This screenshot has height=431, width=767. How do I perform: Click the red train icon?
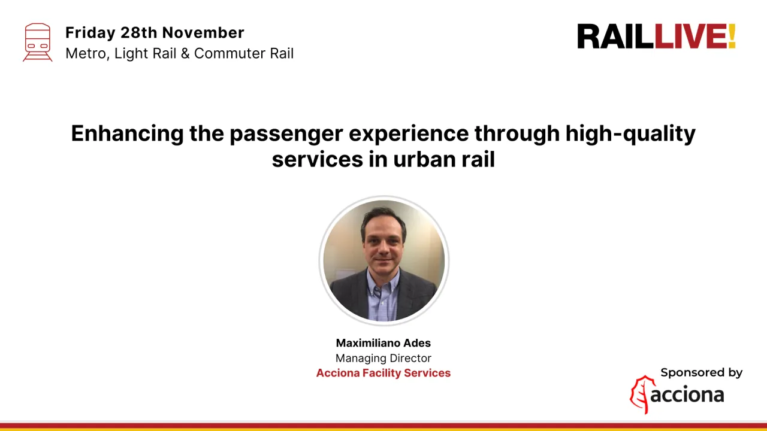(38, 42)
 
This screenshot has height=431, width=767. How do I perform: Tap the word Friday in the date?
(90, 32)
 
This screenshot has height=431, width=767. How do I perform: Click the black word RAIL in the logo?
(615, 37)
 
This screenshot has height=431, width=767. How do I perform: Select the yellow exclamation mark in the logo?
(732, 37)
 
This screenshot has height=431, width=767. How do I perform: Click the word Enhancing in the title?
(127, 133)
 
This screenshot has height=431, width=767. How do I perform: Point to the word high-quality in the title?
(630, 133)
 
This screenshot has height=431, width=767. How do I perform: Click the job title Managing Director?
(383, 358)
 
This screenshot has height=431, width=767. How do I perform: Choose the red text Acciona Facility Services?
(383, 373)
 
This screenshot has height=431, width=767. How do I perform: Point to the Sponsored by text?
(701, 372)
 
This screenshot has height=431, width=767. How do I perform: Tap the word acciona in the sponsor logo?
(687, 395)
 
